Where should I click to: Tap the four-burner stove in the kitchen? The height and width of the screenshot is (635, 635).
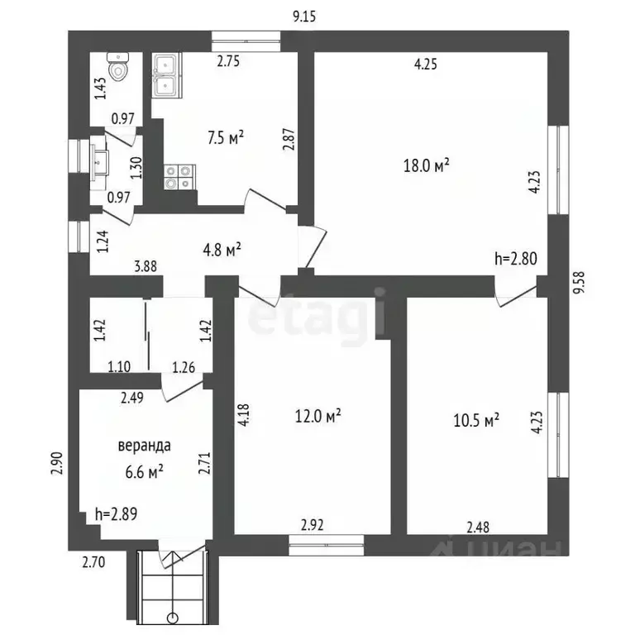click(x=179, y=177)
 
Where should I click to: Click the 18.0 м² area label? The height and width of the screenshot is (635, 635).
click(x=427, y=165)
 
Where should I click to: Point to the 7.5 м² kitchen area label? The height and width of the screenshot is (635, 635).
click(x=226, y=138)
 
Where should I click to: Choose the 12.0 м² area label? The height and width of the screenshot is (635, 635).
click(x=317, y=416)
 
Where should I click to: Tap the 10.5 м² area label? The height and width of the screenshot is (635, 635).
click(x=476, y=420)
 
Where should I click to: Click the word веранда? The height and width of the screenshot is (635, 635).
click(x=144, y=446)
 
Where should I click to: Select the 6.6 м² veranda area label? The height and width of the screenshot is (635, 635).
click(x=144, y=472)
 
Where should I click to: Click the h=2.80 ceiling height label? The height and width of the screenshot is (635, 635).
click(x=516, y=258)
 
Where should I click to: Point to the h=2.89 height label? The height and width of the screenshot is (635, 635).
click(x=117, y=514)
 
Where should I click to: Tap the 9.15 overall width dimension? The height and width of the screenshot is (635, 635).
click(x=304, y=17)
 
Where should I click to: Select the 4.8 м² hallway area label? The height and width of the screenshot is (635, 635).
click(x=222, y=250)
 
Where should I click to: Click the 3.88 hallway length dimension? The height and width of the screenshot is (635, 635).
click(x=146, y=266)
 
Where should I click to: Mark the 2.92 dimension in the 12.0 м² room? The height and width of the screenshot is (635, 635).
click(x=313, y=525)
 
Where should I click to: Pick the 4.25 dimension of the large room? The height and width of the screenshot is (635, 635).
click(x=426, y=64)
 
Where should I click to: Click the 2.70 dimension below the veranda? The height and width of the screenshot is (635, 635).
click(x=93, y=562)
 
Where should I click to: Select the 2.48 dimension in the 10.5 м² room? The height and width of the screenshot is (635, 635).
click(x=478, y=528)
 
